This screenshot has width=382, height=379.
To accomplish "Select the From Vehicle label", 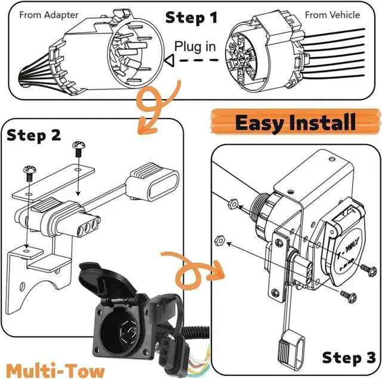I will [x=332, y=14].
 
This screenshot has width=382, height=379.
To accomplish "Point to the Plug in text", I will [x=196, y=45].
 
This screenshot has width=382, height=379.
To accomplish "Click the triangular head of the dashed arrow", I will [x=169, y=60].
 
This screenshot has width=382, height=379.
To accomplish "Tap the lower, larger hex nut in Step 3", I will [x=219, y=242].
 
